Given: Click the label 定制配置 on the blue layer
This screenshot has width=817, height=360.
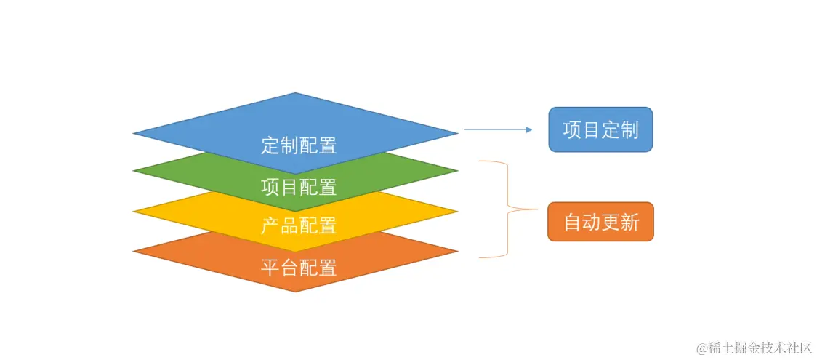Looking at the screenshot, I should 299,145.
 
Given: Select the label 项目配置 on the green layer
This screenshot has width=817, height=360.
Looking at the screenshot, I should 299,187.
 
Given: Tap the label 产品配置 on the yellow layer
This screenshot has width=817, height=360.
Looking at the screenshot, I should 299,226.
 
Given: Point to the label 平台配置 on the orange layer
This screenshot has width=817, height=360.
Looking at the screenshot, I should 299,267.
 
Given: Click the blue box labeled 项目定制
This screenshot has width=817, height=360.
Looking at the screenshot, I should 600,130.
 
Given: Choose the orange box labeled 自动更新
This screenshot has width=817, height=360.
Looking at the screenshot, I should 600,222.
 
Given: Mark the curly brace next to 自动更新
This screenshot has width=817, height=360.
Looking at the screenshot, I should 507,209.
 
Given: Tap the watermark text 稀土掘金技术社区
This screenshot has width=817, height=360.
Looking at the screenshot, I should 760,348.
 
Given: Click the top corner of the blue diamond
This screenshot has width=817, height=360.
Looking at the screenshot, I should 295,94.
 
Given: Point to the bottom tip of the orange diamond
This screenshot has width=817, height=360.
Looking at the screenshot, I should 295,291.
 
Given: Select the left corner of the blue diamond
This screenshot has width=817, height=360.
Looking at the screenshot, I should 135,133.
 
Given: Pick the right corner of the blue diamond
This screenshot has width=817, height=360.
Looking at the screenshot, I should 456,133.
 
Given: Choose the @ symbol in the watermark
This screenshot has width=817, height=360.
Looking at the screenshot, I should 701,348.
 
